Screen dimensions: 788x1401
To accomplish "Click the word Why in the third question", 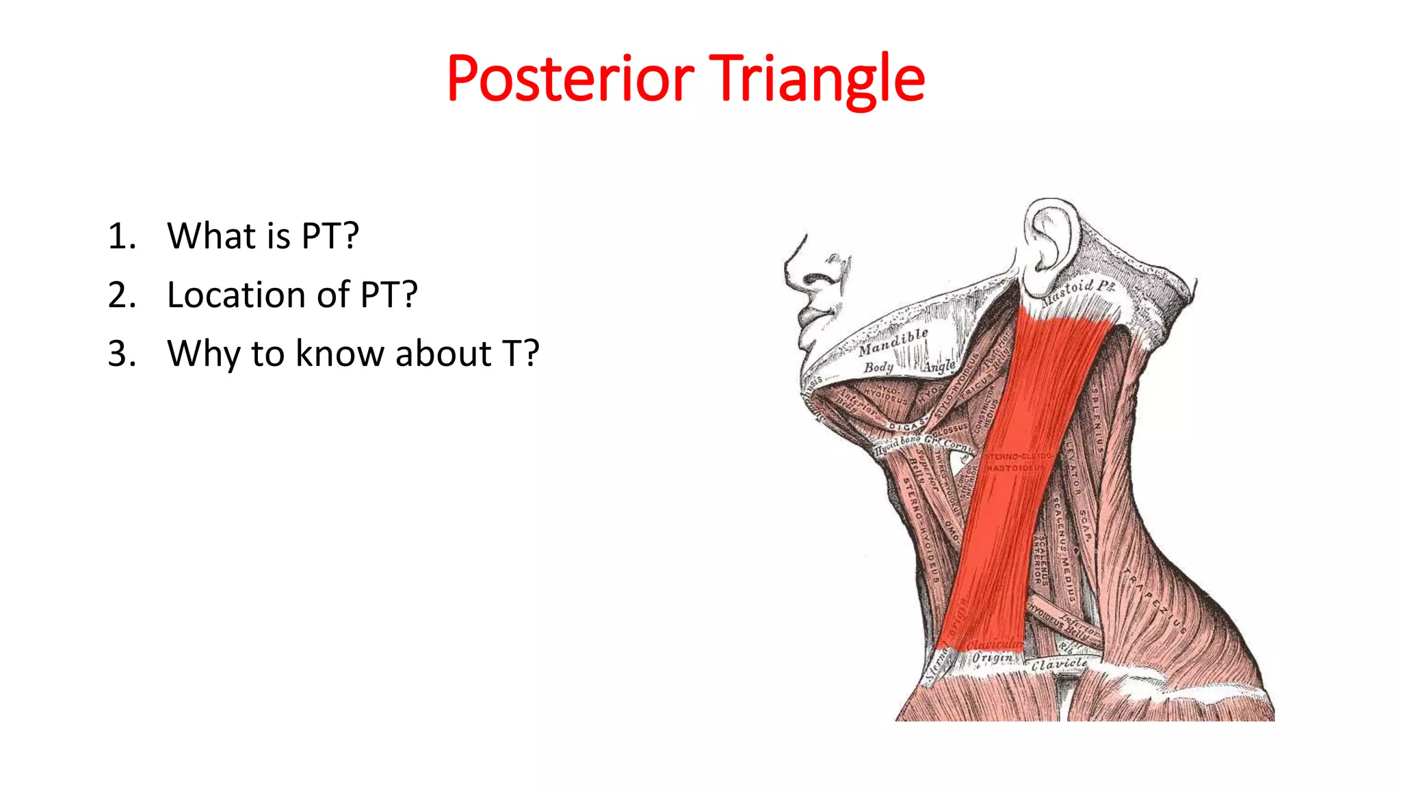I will point(203,354).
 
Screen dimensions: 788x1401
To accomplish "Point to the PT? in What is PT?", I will point(330,237).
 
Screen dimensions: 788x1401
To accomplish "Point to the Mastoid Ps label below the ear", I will point(1078,291).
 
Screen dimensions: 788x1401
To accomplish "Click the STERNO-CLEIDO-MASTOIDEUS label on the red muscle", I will point(1017,462).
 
